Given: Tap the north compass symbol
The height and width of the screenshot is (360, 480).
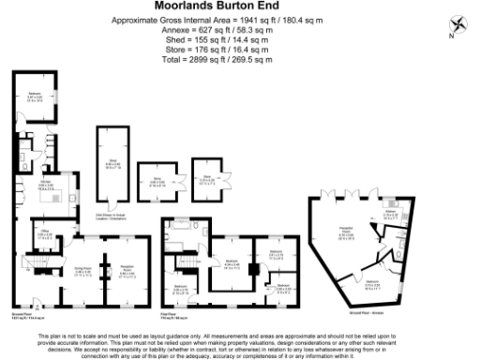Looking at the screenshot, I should tap(454, 25).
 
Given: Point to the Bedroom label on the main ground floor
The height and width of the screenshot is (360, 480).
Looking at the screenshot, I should tap(34, 95).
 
